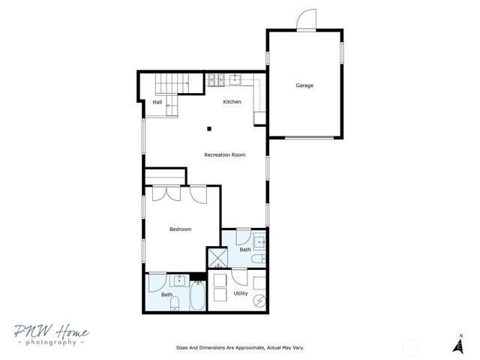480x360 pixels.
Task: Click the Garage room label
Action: click(304, 85)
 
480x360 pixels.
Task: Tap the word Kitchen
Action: click(232, 102)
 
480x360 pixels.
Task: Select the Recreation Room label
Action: click(225, 155)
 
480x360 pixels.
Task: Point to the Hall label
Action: click(157, 103)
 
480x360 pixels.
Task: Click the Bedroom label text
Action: click(180, 229)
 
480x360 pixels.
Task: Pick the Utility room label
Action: click(240, 293)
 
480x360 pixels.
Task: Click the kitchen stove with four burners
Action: click(213, 78)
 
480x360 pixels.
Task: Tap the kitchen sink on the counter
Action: click(235, 77)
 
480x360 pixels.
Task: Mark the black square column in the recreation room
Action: click(211, 127)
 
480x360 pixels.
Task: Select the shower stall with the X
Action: click(217, 258)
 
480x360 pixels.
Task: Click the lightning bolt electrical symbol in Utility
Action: click(259, 301)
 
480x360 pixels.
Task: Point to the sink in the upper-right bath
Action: click(259, 241)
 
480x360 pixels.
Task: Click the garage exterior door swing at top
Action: click(305, 20)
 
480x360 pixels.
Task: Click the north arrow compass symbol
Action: click(456, 344)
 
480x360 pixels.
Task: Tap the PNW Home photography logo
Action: click(50, 335)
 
